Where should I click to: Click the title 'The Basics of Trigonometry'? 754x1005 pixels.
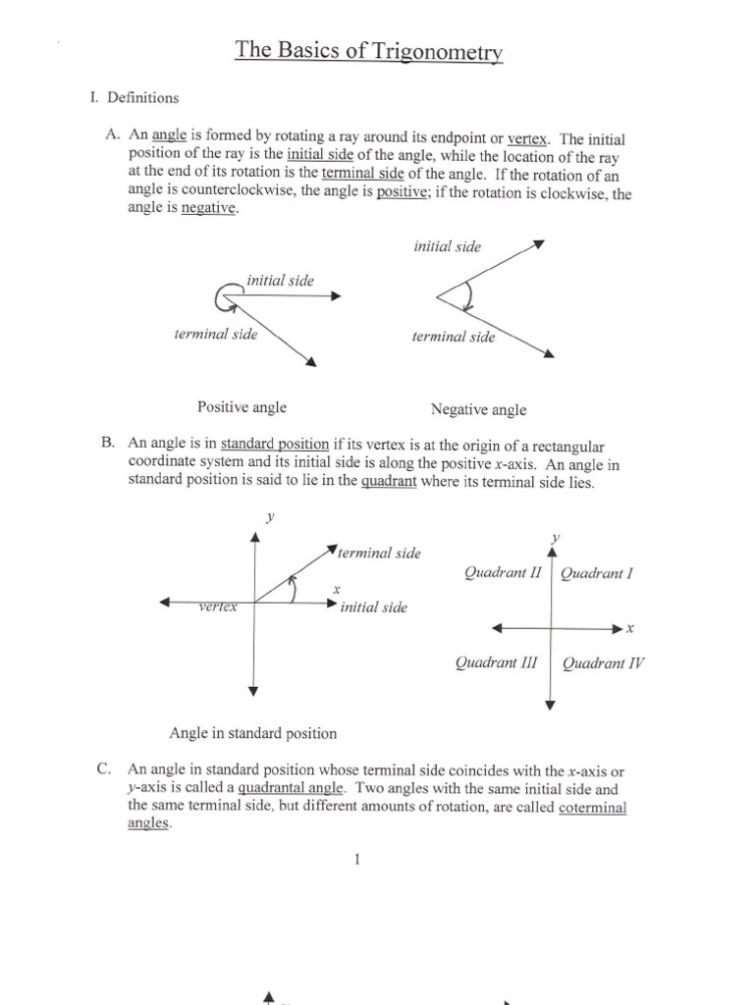[x=368, y=51]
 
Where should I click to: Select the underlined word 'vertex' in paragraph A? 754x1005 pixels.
[x=526, y=139]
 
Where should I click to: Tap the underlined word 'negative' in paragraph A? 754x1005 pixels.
[x=208, y=210]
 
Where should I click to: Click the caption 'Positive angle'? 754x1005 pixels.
[x=242, y=407]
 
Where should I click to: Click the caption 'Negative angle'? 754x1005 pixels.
[x=478, y=410]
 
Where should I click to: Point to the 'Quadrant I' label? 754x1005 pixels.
[x=596, y=574]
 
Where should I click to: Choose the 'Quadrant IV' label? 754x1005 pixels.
[x=603, y=663]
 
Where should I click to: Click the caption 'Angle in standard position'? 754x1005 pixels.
[x=253, y=733]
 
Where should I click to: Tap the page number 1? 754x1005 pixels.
[x=357, y=860]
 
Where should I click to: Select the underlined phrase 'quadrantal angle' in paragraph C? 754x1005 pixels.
[x=291, y=788]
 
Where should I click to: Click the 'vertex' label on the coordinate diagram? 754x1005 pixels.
[x=218, y=608]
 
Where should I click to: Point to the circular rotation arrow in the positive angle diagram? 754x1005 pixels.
[x=226, y=292]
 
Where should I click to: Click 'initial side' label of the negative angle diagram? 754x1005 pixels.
[x=448, y=247]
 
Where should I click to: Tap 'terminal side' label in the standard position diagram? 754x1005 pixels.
[x=380, y=554]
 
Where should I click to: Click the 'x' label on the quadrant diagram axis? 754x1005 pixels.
[x=630, y=627]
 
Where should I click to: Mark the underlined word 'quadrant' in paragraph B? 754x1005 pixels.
[x=389, y=482]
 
